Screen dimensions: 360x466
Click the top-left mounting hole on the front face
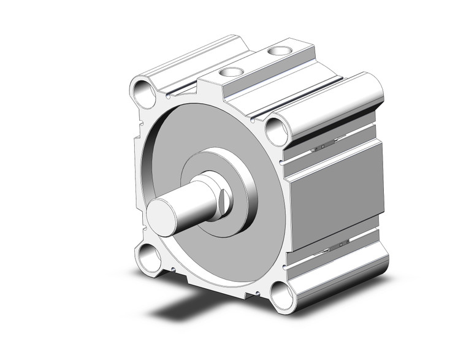point(145,93)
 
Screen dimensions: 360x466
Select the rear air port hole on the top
point(282,50)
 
